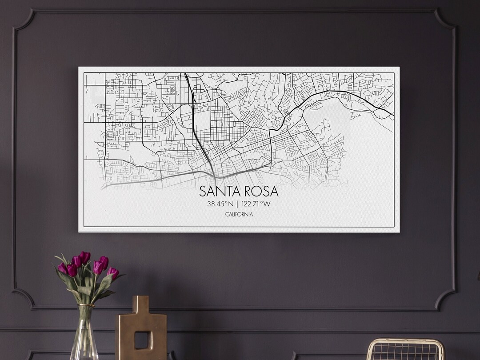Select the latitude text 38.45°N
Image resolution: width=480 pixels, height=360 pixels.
(x=220, y=204)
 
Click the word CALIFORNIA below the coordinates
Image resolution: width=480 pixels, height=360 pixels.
(x=239, y=215)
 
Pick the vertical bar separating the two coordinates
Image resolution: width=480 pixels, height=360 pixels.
(x=238, y=204)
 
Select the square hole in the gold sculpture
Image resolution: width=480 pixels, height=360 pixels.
(x=141, y=340)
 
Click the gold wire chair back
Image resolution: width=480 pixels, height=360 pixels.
(x=405, y=349)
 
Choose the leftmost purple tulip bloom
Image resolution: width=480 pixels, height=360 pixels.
(x=62, y=268)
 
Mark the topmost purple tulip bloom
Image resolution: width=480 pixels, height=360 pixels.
(x=84, y=256)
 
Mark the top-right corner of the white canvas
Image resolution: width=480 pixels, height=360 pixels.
(x=399, y=68)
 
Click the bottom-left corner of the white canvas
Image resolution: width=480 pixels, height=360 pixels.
(x=79, y=232)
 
